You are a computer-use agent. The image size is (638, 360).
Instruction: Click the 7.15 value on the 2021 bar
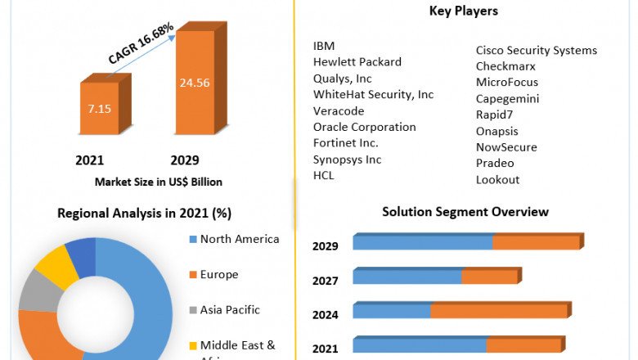click(99, 108)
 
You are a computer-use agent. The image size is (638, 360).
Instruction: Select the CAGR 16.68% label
click(140, 45)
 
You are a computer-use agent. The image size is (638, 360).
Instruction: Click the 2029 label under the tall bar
click(185, 160)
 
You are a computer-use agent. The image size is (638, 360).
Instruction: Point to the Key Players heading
click(464, 11)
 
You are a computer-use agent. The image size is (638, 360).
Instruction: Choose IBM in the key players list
click(324, 46)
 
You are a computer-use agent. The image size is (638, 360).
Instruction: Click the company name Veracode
click(339, 110)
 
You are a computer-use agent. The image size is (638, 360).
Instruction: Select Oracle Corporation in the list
click(364, 127)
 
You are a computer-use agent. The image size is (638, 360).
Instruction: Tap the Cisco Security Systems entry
click(536, 51)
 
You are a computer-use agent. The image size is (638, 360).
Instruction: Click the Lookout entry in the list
click(497, 179)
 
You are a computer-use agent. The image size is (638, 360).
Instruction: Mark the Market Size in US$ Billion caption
click(159, 182)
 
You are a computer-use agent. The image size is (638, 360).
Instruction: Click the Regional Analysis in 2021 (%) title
click(144, 214)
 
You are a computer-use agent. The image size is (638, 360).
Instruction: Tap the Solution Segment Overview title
click(465, 212)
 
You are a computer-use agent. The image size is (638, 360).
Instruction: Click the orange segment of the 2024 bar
click(499, 311)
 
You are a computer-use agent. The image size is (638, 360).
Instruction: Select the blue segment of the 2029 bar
click(422, 242)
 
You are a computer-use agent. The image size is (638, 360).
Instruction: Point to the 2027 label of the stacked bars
click(325, 281)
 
